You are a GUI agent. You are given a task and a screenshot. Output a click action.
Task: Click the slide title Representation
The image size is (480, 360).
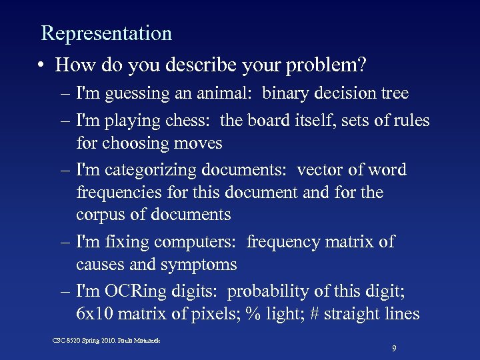point(107,33)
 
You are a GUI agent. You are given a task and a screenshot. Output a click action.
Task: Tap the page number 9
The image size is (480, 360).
point(395,348)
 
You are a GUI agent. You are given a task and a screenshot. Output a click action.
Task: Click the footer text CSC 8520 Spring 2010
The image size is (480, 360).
point(87,341)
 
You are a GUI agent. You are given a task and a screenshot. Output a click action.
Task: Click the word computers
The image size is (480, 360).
point(201,242)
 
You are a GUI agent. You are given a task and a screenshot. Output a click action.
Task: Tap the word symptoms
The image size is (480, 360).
point(199,265)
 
